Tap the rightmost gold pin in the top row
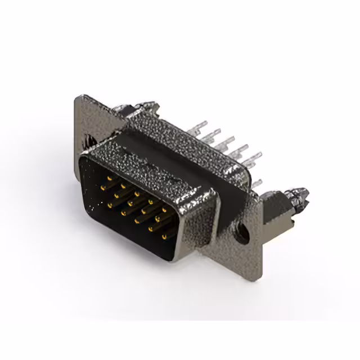pyautogui.click(x=165, y=209)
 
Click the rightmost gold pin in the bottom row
pyautogui.click(x=165, y=237)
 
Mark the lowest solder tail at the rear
pyautogui.click(x=256, y=183)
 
